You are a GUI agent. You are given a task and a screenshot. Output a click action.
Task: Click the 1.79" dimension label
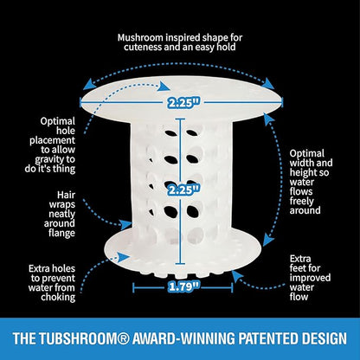coord(184,286)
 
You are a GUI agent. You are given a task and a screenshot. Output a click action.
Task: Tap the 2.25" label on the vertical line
coord(184,190)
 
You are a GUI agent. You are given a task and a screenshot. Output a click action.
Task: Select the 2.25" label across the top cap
coord(184,102)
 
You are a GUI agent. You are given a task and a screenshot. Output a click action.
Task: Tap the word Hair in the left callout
coord(66,195)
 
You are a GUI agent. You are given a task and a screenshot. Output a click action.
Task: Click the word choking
coord(58,297)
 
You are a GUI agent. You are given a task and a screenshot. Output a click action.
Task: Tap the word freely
coord(301,201)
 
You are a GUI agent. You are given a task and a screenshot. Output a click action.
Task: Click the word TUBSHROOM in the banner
coord(77,338)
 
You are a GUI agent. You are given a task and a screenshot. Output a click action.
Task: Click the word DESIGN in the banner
coord(321,338)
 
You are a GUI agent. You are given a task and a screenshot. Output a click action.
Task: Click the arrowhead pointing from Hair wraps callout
coord(126,224)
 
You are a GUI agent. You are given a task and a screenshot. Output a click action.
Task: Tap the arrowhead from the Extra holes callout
coord(124,256)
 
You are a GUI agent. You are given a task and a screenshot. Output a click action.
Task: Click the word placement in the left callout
coord(53,140)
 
